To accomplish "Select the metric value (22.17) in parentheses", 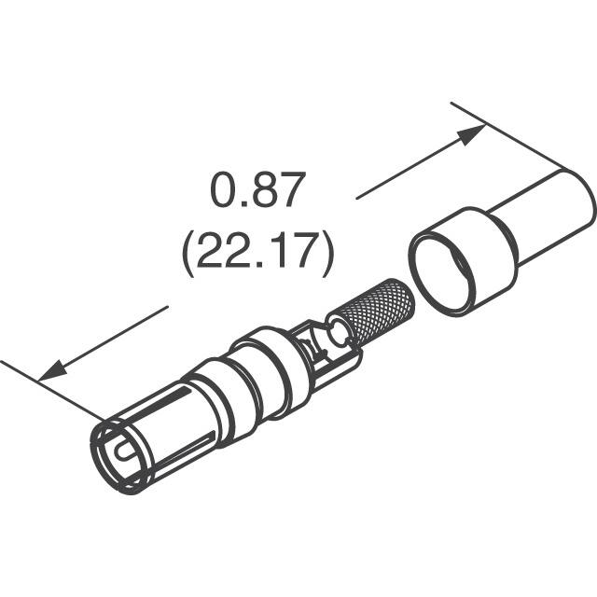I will pos(257,254).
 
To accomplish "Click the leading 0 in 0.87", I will pos(222,192).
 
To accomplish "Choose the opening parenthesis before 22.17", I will pos(187,255).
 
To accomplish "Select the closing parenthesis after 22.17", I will pos(327,255).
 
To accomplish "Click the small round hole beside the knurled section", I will pos(335,332).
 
